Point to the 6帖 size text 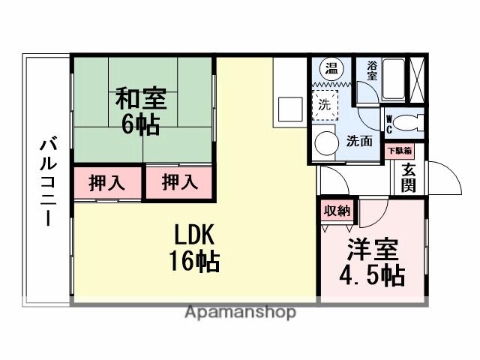point(140,124)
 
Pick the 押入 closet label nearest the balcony point(106,184)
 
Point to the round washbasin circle point(325,143)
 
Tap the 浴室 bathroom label point(373,67)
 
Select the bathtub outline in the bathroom point(394,79)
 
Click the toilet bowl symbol point(409,122)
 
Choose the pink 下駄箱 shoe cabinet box point(398,151)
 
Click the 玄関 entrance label point(409,177)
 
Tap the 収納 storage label point(337,211)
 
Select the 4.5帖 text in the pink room point(372,275)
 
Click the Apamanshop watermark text point(240,312)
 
